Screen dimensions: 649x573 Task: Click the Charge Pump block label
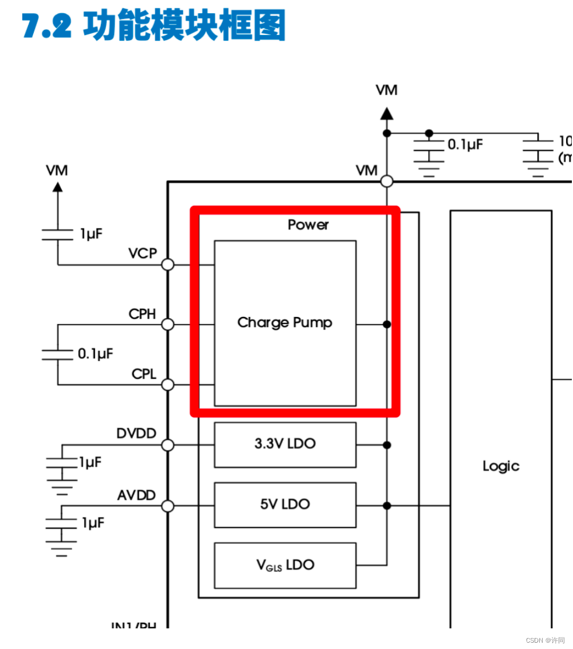(x=285, y=323)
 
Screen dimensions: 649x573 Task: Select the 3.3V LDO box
(x=285, y=444)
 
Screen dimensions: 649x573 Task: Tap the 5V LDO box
(x=285, y=505)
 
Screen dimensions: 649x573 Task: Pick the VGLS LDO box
(x=285, y=565)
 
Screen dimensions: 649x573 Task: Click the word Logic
(x=501, y=466)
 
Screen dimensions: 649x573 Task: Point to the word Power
(x=308, y=225)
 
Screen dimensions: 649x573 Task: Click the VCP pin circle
(x=168, y=264)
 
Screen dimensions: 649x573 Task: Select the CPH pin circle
(x=168, y=324)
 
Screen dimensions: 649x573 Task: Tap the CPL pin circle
(x=168, y=385)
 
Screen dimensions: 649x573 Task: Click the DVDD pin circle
(x=168, y=445)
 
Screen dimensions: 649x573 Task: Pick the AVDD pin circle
(x=168, y=506)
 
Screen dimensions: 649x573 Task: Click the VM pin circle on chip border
(x=387, y=181)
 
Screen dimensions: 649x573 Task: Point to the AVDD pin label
(x=136, y=495)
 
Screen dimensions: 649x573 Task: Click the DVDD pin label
(x=136, y=433)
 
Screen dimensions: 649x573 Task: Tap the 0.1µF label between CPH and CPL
(x=96, y=354)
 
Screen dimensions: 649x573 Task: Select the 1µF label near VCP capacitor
(x=92, y=234)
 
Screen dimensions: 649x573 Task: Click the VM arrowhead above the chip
(x=387, y=114)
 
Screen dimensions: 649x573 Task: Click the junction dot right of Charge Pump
(x=387, y=324)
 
